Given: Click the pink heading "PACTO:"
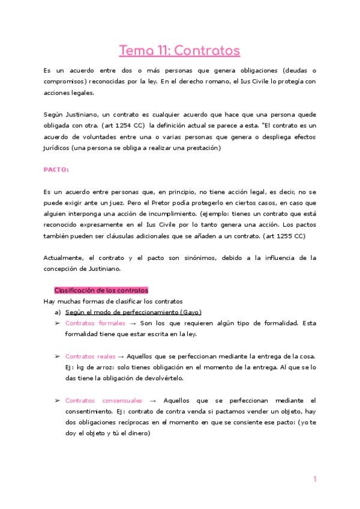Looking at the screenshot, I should (56, 169).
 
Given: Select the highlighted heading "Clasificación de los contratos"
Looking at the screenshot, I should (101, 290).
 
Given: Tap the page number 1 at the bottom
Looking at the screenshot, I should (314, 478).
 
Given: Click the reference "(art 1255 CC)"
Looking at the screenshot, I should (283, 236).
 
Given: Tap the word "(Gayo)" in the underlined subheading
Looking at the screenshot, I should (190, 312).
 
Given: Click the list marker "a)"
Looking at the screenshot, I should (58, 312).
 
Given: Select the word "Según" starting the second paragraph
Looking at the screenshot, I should (53, 114).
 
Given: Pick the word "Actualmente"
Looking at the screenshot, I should (65, 258).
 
